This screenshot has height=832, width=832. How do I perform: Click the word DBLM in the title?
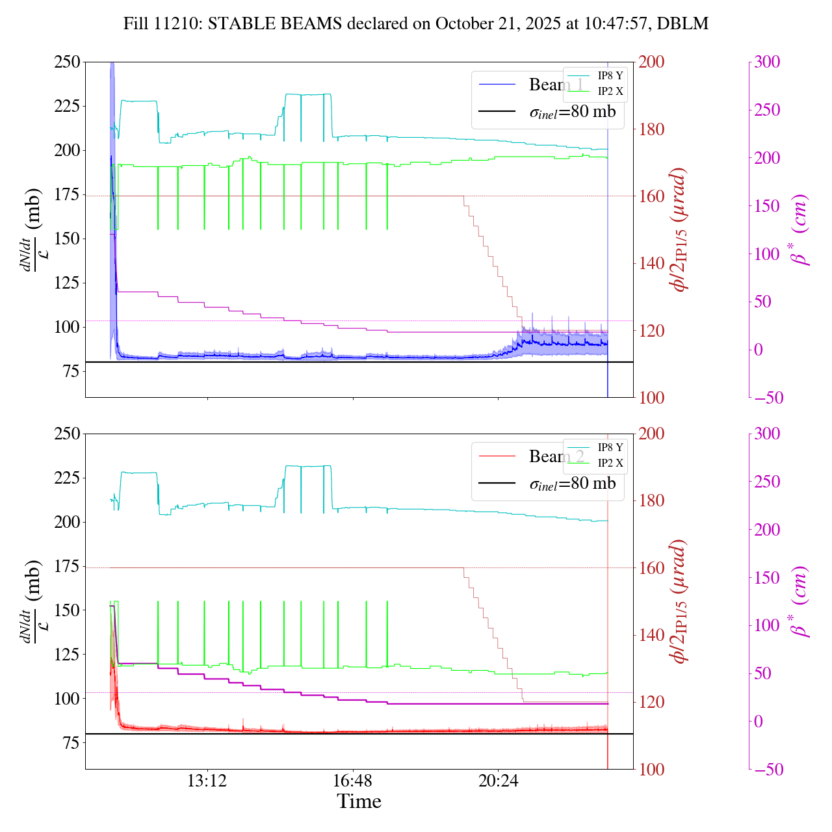pos(682,24)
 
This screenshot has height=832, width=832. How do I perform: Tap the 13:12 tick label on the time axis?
pos(207,781)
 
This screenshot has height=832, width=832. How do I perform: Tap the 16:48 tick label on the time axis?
pos(352,781)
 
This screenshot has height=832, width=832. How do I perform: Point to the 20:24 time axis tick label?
pos(498,781)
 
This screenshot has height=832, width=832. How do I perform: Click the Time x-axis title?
pos(359,801)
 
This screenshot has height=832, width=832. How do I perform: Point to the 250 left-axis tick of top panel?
pos(67,62)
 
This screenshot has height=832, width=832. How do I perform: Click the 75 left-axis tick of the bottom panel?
pos(71,743)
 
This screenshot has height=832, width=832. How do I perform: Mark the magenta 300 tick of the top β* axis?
pos(767,62)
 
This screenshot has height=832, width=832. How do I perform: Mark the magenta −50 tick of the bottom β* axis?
pos(767,770)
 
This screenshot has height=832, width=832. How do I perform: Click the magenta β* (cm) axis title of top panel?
pos(800,229)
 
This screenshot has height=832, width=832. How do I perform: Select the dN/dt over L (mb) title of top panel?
pos(30,229)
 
